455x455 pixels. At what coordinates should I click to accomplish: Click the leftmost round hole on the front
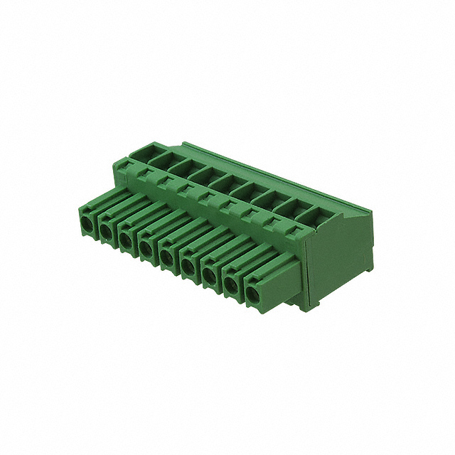click(86, 224)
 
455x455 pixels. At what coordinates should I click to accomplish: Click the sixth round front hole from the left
click(188, 266)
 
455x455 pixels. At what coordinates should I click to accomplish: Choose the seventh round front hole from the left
click(210, 275)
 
